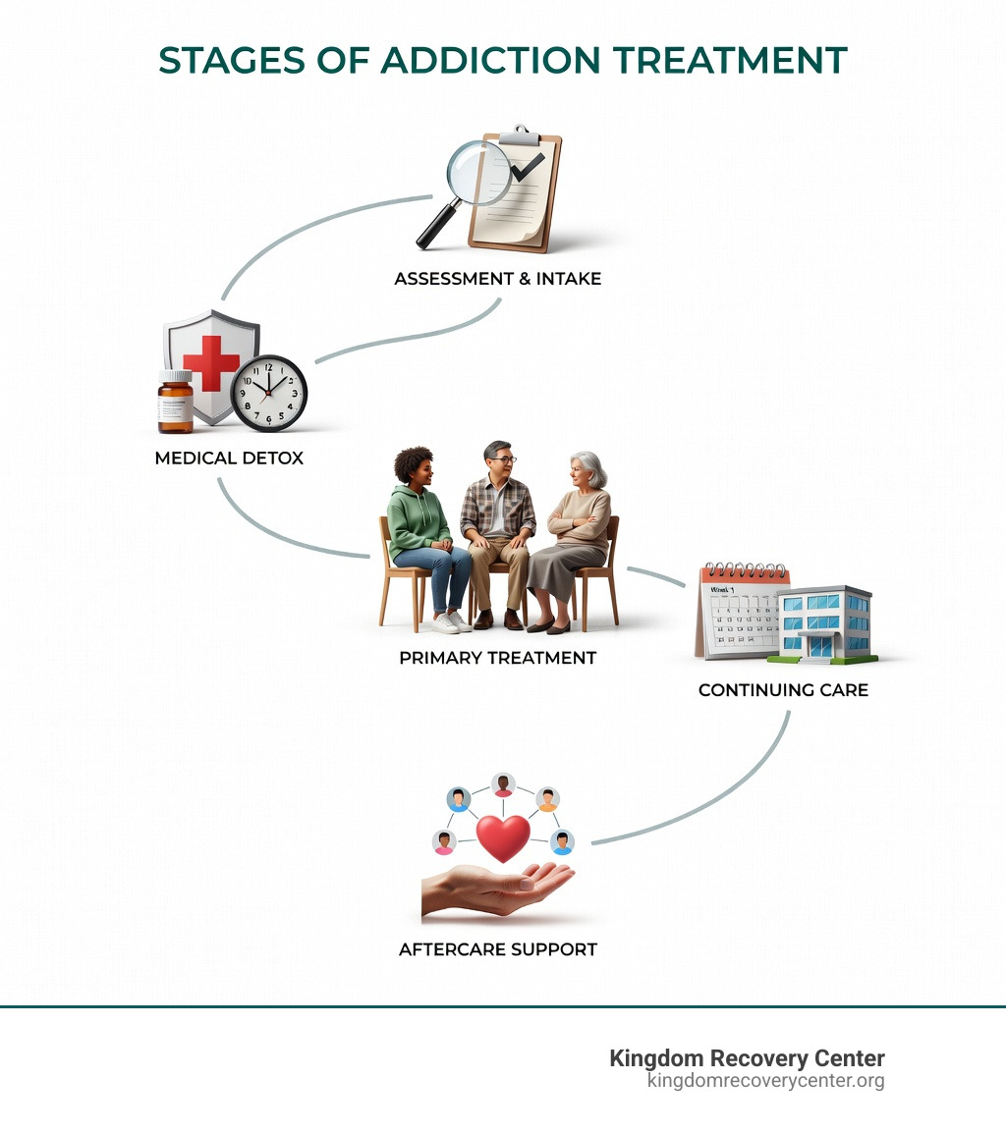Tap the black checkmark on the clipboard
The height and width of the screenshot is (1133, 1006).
(x=528, y=166)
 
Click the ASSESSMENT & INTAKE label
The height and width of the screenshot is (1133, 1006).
(x=497, y=279)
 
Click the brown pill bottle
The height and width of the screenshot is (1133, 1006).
(x=176, y=403)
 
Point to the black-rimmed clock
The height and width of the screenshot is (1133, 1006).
(x=269, y=392)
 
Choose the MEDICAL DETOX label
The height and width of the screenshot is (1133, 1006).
(x=229, y=459)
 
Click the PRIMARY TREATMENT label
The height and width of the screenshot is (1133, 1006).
(x=497, y=658)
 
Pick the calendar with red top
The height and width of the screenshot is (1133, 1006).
(x=739, y=611)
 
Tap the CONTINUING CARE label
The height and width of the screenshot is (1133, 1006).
(x=783, y=690)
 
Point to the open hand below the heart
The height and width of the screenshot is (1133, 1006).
(x=496, y=889)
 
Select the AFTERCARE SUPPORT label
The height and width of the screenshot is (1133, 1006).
(x=497, y=950)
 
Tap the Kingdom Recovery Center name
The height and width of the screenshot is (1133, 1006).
(x=747, y=1058)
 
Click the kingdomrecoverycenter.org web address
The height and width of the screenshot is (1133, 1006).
(x=765, y=1081)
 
